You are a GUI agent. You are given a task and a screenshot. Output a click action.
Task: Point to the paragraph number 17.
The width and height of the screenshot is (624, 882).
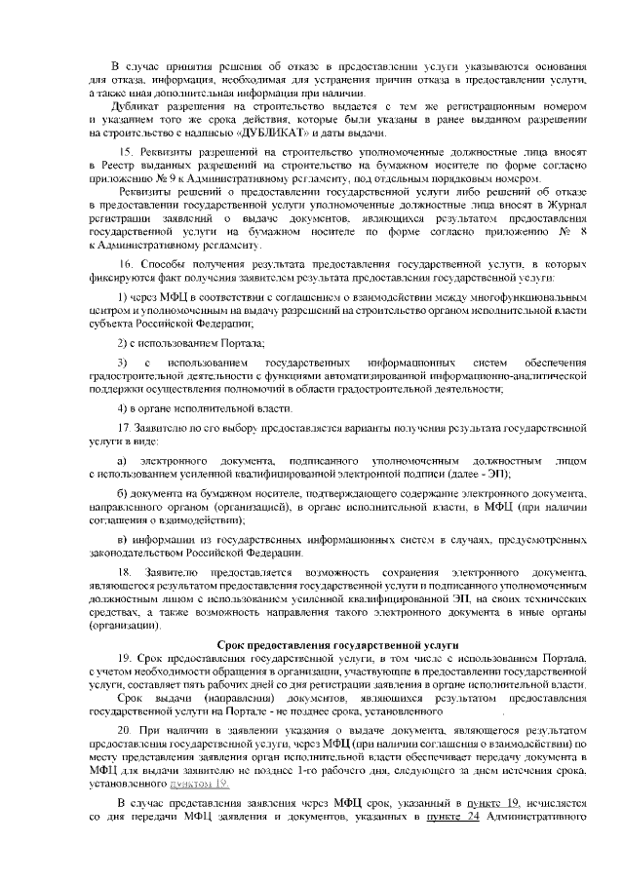(124, 430)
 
